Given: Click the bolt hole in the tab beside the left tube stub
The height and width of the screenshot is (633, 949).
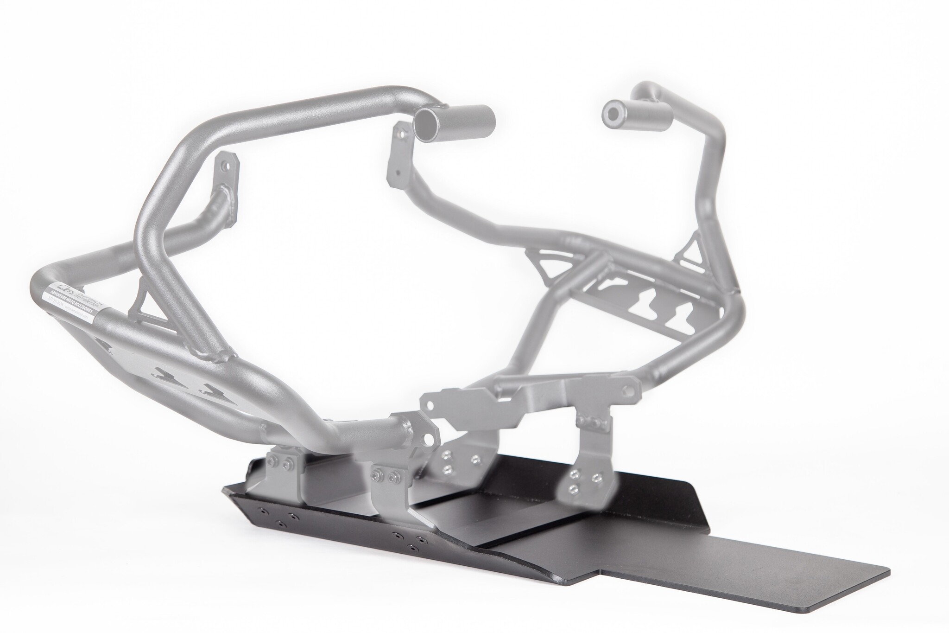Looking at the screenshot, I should click(401, 134).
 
